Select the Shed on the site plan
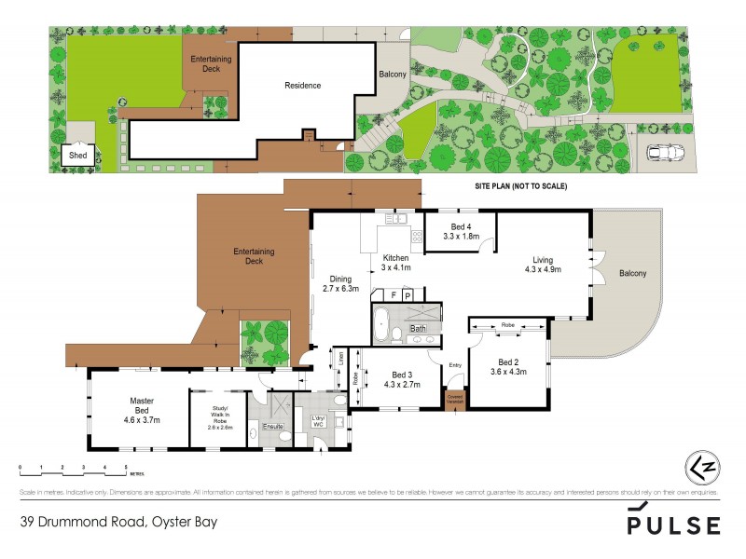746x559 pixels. click(x=77, y=156)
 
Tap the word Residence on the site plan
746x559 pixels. click(x=302, y=86)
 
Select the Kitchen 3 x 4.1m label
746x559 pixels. click(x=395, y=263)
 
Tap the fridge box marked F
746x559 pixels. click(x=394, y=294)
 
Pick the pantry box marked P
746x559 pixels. click(x=408, y=294)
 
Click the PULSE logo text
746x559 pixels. click(x=673, y=525)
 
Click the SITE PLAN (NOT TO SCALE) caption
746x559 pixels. click(x=516, y=187)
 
